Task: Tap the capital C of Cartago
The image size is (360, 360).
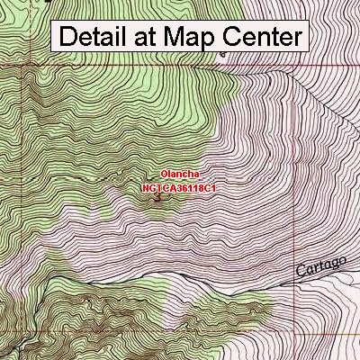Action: pyautogui.click(x=300, y=271)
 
